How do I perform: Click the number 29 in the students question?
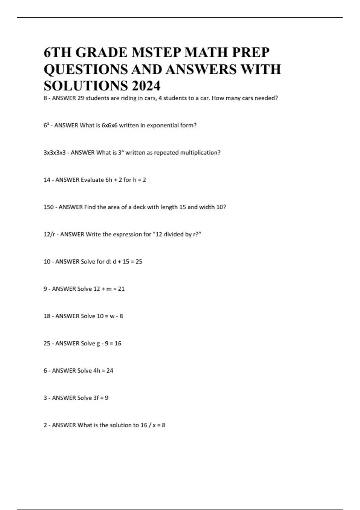pos(81,98)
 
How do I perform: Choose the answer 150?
pos(49,207)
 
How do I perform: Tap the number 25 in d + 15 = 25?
pos(139,262)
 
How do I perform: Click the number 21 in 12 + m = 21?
pos(121,289)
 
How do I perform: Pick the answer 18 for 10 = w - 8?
pos(47,316)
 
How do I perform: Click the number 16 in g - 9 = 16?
pos(118,343)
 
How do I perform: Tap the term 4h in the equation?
pos(97,371)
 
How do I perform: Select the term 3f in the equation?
pos(96,398)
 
